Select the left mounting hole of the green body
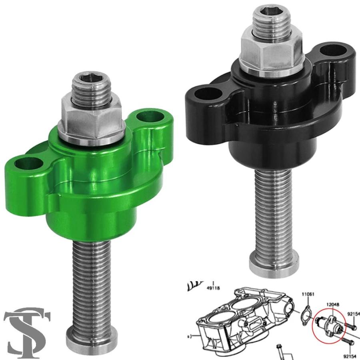coord(29,163)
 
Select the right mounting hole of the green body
coord(150,117)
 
